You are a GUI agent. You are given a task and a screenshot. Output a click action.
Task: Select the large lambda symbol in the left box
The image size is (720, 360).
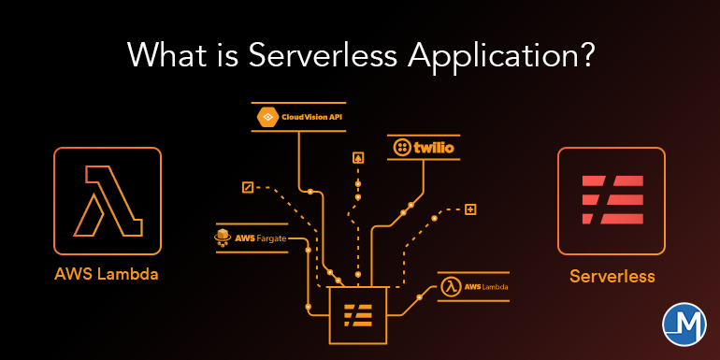[108, 200]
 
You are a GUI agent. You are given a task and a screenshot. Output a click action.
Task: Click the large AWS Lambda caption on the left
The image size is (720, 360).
[107, 275]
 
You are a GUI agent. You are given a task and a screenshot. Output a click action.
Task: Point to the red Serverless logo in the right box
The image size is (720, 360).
[612, 201]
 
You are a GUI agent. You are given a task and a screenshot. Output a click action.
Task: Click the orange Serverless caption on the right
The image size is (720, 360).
[612, 276]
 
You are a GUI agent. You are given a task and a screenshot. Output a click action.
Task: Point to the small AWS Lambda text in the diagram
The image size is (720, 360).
[487, 286]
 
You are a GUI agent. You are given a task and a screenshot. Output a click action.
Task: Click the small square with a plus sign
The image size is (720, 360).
[470, 209]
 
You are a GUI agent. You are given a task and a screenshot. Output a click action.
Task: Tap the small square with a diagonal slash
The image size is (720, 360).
[247, 187]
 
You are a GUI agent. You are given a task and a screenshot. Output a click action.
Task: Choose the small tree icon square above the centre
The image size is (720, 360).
[357, 158]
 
